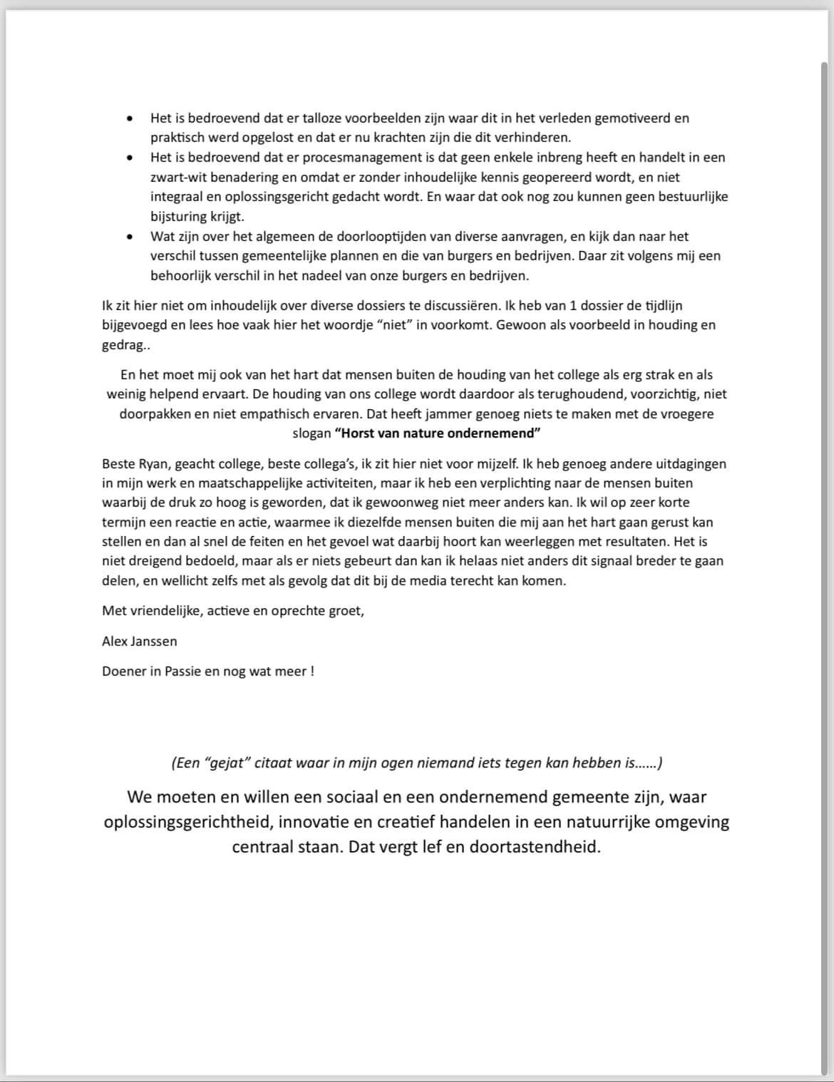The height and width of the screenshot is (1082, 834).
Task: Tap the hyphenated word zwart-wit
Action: pyautogui.click(x=177, y=177)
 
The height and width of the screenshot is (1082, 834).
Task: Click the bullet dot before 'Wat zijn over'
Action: pyautogui.click(x=129, y=237)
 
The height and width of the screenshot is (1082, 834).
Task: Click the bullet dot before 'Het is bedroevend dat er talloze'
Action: pyautogui.click(x=129, y=118)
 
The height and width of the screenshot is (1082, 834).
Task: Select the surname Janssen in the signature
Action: pyautogui.click(x=154, y=642)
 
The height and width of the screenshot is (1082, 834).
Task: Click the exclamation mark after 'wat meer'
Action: pyautogui.click(x=312, y=671)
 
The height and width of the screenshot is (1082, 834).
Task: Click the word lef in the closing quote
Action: pyautogui.click(x=423, y=848)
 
